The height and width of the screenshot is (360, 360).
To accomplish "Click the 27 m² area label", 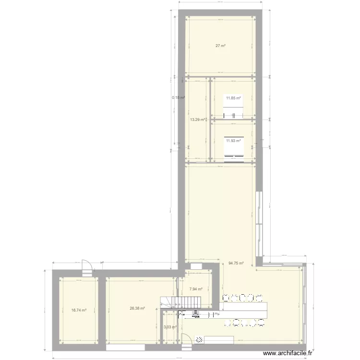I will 220,46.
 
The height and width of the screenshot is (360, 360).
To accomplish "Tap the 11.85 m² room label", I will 234,98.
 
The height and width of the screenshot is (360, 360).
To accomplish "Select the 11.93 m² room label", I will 234,141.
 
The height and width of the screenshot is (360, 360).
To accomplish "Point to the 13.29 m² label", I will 197,120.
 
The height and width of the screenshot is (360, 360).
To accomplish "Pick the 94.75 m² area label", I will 236,263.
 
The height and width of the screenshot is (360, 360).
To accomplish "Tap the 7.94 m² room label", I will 196,289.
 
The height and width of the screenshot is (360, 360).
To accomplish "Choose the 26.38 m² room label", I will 136,309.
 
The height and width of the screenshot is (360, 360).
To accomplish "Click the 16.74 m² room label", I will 78,311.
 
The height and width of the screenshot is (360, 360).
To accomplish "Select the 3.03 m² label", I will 170,327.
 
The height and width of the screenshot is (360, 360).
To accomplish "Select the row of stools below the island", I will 244,323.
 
